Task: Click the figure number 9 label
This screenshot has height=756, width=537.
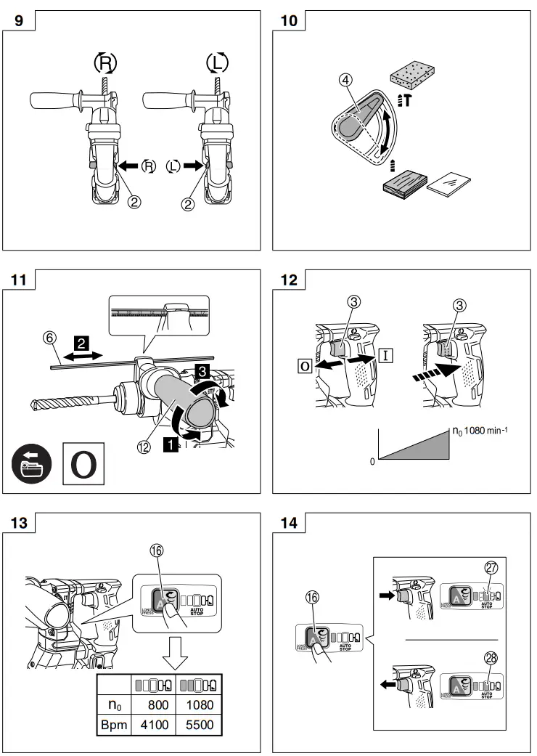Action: [19, 20]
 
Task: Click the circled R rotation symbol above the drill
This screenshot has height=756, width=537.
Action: [105, 63]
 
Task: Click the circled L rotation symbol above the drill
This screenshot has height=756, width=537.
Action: [216, 63]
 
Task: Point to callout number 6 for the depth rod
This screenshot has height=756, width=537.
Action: [49, 338]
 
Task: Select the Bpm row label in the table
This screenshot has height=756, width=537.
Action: [114, 724]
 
